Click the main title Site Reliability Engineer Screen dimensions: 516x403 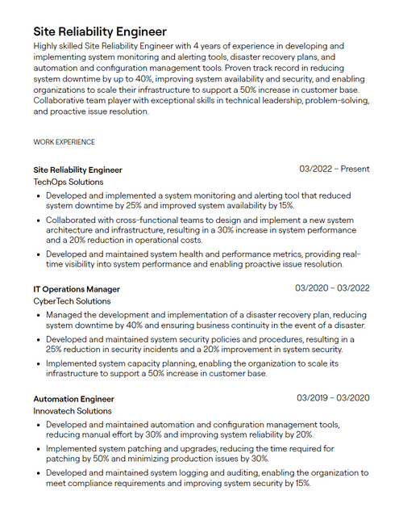tap(100, 31)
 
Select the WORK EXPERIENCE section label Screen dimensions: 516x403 tap(64, 142)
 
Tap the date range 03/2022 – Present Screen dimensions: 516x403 tap(334, 170)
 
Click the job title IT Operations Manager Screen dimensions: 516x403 tap(77, 289)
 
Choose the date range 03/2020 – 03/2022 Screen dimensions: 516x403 tap(332, 288)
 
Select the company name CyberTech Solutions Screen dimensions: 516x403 tap(72, 301)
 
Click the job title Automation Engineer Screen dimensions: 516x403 tap(73, 399)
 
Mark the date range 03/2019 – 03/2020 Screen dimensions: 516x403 tap(332, 398)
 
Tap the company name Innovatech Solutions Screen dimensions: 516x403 tap(72, 411)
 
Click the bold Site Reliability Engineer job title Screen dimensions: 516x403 tap(77, 170)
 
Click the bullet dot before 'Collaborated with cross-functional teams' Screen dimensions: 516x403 tap(37, 220)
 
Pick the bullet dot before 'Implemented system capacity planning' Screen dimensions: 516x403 tap(37, 364)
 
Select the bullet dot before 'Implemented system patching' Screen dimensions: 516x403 tap(37, 449)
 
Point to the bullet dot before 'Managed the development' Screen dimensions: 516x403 tap(37, 315)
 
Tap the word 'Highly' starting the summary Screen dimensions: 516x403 tap(48, 47)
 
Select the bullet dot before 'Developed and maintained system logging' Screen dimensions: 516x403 tap(37, 473)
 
